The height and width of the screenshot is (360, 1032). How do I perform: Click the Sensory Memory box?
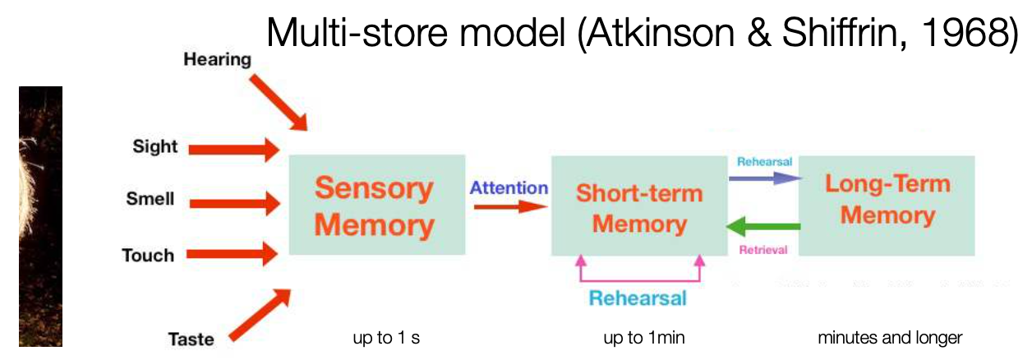(x=377, y=205)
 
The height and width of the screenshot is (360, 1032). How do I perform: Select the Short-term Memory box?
(x=639, y=205)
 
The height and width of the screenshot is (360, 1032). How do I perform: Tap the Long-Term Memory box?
(x=887, y=205)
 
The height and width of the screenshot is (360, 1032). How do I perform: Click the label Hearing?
(x=218, y=59)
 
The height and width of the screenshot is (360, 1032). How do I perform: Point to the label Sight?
(x=154, y=146)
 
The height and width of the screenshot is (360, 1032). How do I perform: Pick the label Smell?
(x=150, y=199)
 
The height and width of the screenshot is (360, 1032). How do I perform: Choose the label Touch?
(x=148, y=255)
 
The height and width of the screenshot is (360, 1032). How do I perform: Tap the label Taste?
(x=191, y=339)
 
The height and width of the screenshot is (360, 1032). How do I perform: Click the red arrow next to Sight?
(x=234, y=150)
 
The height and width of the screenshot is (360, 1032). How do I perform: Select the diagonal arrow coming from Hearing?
(x=279, y=104)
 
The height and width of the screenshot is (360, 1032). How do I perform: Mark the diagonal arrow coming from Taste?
(x=260, y=316)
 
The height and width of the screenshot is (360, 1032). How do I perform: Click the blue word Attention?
(x=509, y=188)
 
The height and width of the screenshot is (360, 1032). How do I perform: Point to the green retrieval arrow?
(x=763, y=226)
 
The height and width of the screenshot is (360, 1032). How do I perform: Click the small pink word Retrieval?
(x=763, y=250)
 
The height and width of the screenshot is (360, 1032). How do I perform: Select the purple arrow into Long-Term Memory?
(x=765, y=178)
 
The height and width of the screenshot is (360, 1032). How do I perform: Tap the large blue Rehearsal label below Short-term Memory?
(x=638, y=298)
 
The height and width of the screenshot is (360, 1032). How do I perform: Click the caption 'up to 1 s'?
(x=386, y=338)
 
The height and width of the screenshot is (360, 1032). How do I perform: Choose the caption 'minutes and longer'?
(x=890, y=338)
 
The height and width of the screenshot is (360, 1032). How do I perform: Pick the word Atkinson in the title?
(x=661, y=33)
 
